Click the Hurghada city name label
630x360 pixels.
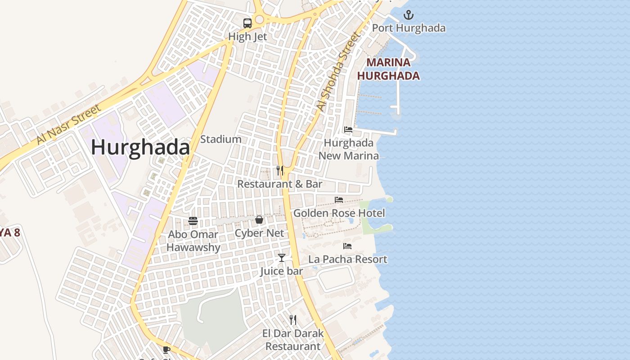point(140,148)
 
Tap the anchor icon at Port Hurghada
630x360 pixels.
point(408,15)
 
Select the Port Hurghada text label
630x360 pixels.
point(409,28)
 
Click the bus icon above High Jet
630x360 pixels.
point(247,23)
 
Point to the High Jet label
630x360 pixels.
point(247,36)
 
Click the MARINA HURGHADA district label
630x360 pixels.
point(388,69)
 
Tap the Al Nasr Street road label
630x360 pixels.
point(69,125)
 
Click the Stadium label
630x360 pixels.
point(220,139)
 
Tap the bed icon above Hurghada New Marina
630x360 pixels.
point(348,130)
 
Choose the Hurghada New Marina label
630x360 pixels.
point(349,149)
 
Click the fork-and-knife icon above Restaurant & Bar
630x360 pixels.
point(280,171)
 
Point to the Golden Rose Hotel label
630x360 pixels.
point(339,213)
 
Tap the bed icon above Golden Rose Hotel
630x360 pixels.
point(339,200)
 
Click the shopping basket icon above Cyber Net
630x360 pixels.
point(259,220)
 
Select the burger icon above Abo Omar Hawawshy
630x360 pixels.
point(193,221)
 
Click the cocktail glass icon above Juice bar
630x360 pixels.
point(282,258)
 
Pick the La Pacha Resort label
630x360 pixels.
point(347,259)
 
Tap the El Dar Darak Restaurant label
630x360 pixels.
point(293,340)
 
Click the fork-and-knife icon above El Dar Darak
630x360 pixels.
point(293,320)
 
